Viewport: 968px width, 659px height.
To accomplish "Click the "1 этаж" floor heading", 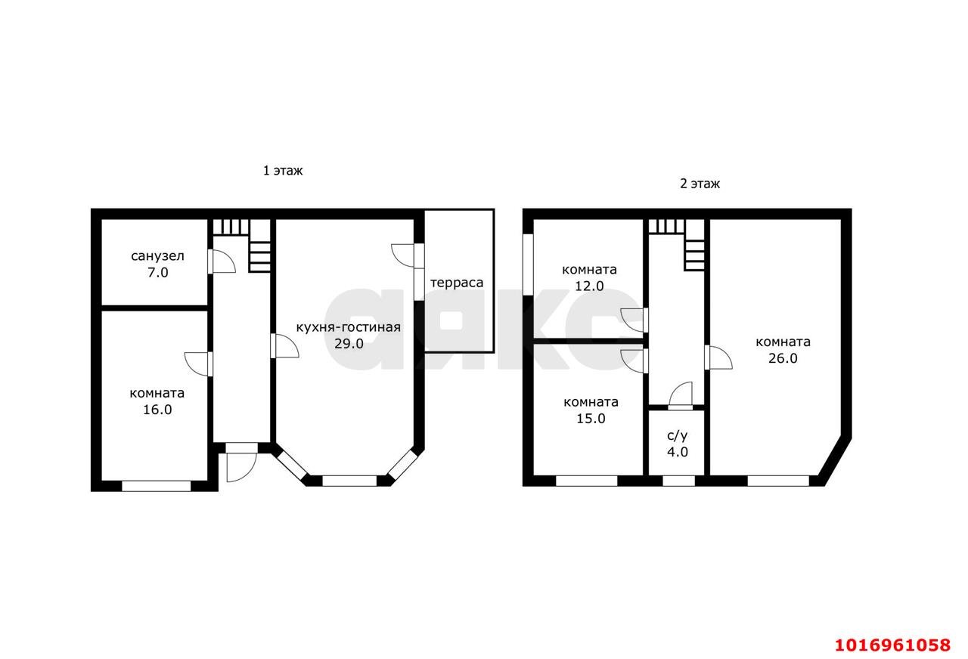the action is pyautogui.click(x=283, y=171).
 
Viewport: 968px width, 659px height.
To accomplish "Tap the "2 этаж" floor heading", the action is pyautogui.click(x=700, y=184).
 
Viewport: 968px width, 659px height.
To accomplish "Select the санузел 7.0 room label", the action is pyautogui.click(x=158, y=265).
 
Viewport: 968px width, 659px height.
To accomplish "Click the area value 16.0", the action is pyautogui.click(x=158, y=410).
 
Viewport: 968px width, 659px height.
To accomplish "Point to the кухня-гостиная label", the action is pyautogui.click(x=349, y=327).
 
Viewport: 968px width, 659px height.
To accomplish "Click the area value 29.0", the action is pyautogui.click(x=349, y=344).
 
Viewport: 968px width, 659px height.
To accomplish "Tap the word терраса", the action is pyautogui.click(x=457, y=283).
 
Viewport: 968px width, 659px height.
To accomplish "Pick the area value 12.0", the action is pyautogui.click(x=589, y=286).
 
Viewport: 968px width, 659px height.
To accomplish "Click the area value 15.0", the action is pyautogui.click(x=591, y=419).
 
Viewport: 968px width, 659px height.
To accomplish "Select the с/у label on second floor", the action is pyautogui.click(x=677, y=436).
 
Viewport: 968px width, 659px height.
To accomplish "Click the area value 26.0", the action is pyautogui.click(x=783, y=358).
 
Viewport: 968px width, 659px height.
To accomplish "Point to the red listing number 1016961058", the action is pyautogui.click(x=893, y=645).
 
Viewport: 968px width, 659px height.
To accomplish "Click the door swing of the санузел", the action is pyautogui.click(x=222, y=261).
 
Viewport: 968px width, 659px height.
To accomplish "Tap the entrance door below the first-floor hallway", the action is pyautogui.click(x=241, y=467).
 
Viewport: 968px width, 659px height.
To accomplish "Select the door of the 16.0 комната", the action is pyautogui.click(x=198, y=364).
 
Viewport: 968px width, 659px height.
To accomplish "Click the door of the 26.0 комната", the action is pyautogui.click(x=718, y=357).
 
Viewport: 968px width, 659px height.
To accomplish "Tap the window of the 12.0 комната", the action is pyautogui.click(x=528, y=265).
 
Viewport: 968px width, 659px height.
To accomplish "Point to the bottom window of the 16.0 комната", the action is pyautogui.click(x=156, y=486).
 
